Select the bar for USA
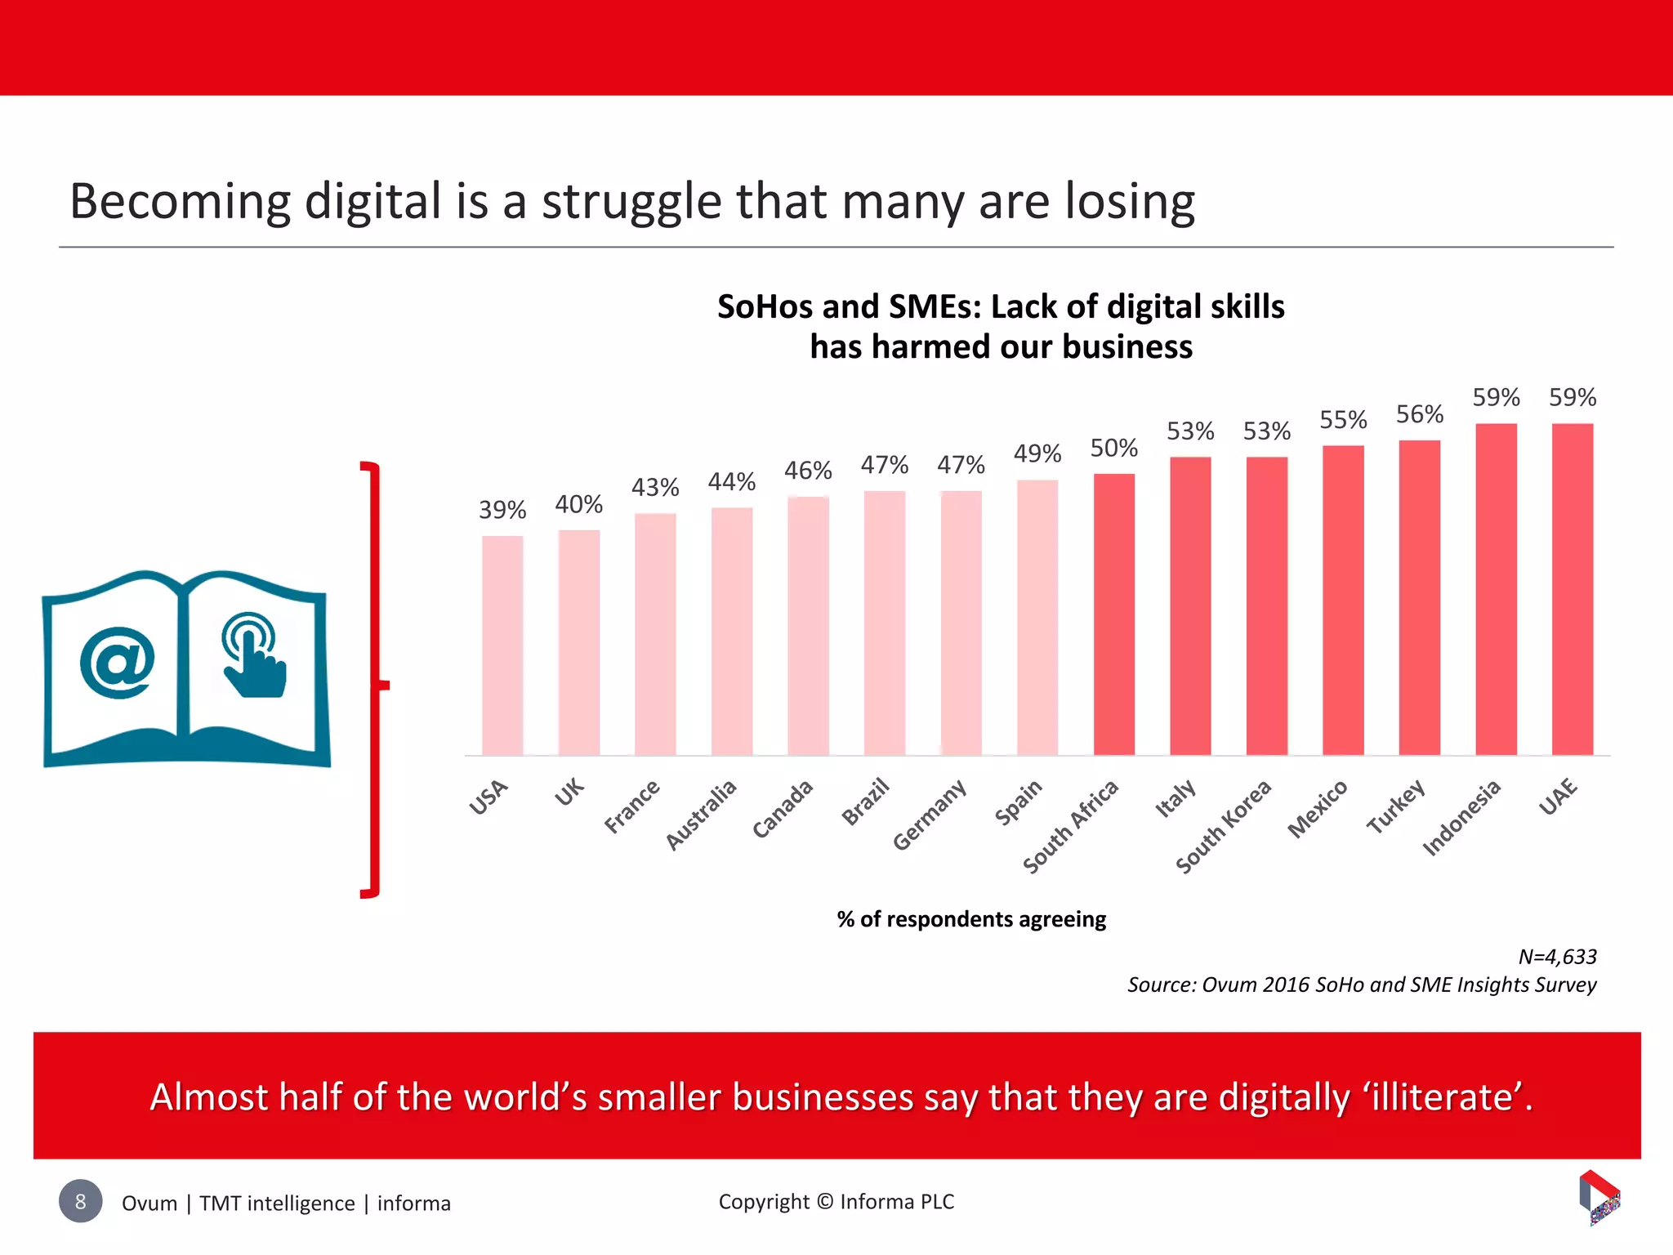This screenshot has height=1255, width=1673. (x=502, y=645)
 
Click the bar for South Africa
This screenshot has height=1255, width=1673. (x=1113, y=614)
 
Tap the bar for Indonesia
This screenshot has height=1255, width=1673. (x=1496, y=588)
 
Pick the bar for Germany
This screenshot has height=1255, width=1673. (x=961, y=623)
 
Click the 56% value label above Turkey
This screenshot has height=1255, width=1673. (x=1420, y=414)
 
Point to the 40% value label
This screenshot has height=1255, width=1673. (x=578, y=504)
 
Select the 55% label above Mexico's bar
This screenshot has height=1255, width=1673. (x=1343, y=420)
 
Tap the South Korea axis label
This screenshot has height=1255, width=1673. (x=1224, y=825)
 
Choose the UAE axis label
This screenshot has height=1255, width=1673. (x=1559, y=797)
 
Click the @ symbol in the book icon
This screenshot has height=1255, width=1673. (x=118, y=662)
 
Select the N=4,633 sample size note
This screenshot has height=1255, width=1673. (x=1557, y=956)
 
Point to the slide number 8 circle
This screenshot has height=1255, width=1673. (x=80, y=1201)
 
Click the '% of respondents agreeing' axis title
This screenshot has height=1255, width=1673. (x=971, y=919)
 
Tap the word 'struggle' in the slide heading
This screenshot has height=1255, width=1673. (x=631, y=202)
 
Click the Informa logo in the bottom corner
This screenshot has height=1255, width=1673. (x=1599, y=1196)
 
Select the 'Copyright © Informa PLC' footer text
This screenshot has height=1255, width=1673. (x=836, y=1201)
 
